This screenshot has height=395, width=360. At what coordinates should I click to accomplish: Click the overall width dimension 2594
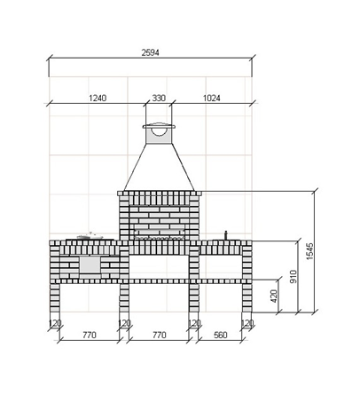coord(150,52)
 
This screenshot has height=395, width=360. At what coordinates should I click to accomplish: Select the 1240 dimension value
coord(98,98)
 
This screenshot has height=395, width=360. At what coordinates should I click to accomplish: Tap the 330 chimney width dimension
coord(159,98)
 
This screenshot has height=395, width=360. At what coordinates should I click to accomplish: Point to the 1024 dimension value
coord(212,98)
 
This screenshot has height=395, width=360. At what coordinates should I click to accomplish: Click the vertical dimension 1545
coord(309,251)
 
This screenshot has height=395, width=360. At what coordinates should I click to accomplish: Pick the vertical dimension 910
coord(293,276)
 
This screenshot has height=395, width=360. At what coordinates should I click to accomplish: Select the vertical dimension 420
coord(274,296)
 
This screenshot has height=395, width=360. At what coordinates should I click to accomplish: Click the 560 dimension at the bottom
coord(221,335)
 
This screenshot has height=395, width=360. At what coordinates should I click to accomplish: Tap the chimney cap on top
coord(159,126)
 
